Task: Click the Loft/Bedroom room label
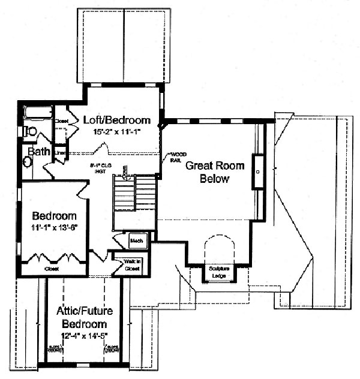[116, 119]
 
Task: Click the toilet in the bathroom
[31, 131]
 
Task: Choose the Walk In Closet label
[133, 265]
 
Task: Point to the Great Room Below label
[208, 172]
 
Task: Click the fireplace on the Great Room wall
[257, 172]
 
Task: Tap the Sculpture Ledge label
[219, 271]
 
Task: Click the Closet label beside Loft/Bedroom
[62, 121]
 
